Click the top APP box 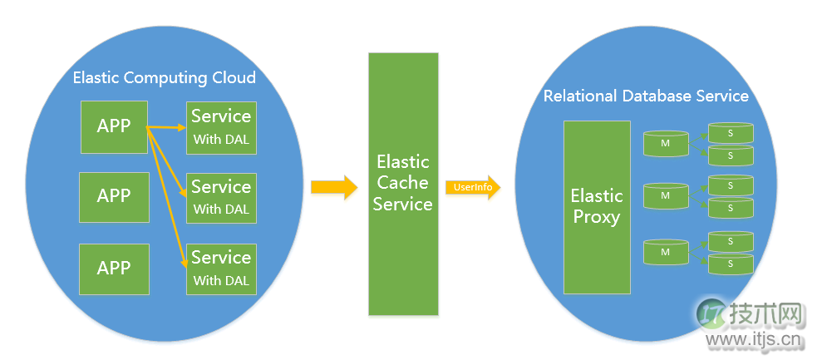[114, 126]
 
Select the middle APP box [114, 197]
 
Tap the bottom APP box [114, 269]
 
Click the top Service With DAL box [221, 127]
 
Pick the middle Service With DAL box [221, 198]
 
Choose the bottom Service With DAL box [221, 269]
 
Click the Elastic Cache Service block [403, 184]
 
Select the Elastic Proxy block [596, 207]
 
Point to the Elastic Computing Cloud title [165, 78]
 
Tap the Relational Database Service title [646, 96]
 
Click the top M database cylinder [666, 144]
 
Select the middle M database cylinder [666, 196]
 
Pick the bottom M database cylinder [666, 252]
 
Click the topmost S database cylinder [731, 132]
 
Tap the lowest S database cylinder [731, 264]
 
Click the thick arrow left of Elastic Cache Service [333, 187]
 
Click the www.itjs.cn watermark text [753, 340]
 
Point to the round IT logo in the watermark [711, 314]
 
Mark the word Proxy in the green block [596, 218]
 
